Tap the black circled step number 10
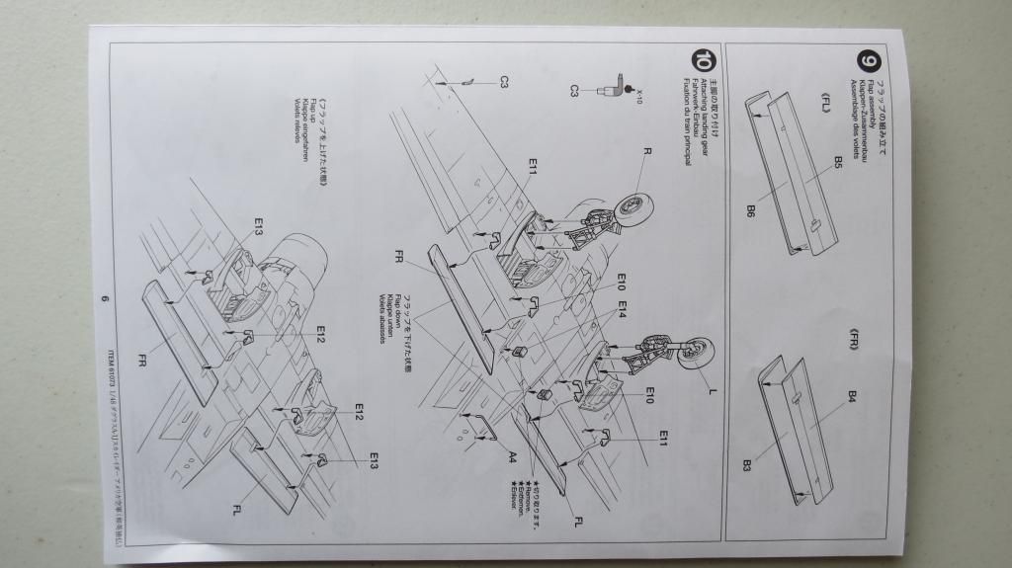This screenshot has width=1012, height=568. click(704, 60)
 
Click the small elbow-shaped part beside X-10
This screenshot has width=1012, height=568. click(618, 87)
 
